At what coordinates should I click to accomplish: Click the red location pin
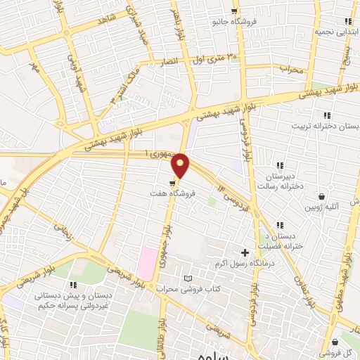[x=181, y=165]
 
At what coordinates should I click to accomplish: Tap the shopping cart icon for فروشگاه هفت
[x=173, y=179]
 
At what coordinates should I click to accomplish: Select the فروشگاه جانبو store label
[x=234, y=22]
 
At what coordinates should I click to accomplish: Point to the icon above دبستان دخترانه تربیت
[x=326, y=115]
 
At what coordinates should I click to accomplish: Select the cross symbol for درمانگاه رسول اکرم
[x=245, y=252]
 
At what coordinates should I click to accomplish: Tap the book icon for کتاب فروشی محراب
[x=186, y=279]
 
